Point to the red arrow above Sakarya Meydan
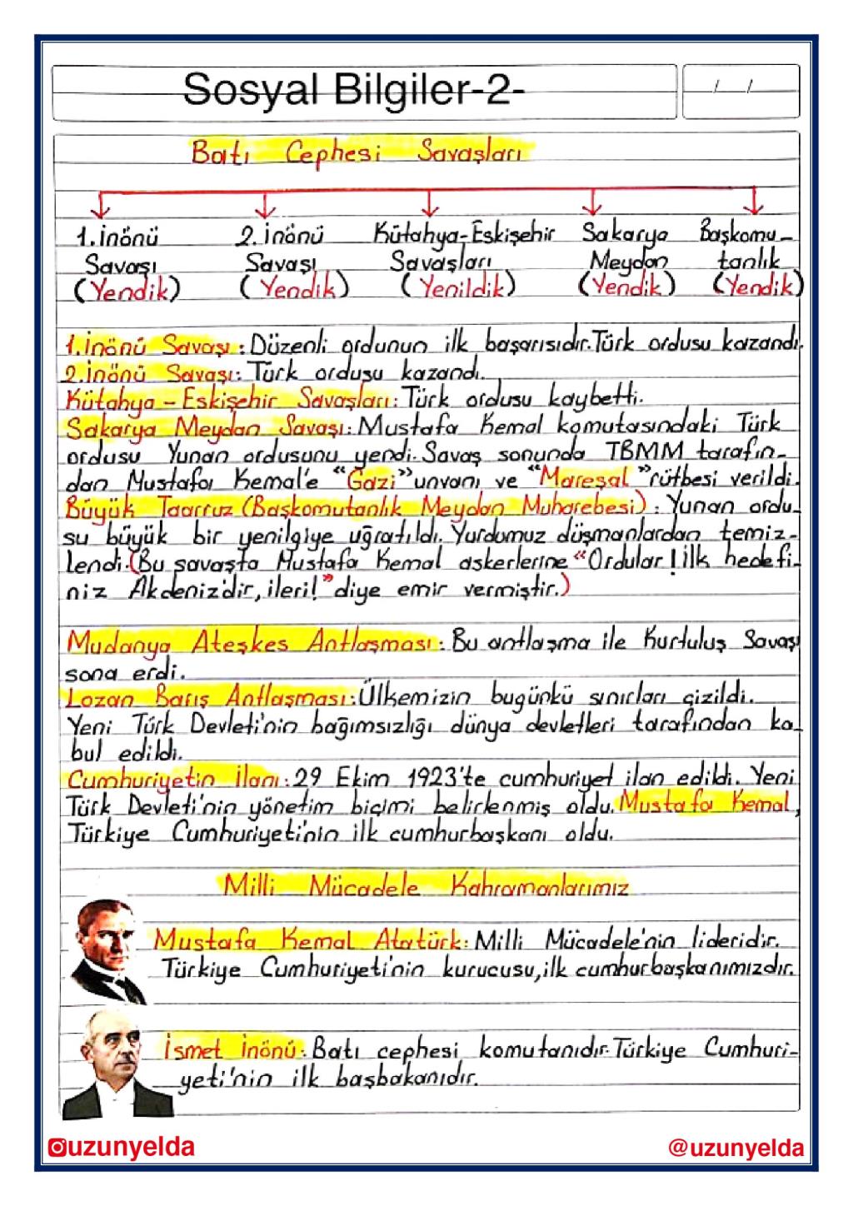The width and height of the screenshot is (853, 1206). pos(592,202)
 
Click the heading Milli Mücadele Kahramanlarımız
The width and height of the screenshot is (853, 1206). pos(425,885)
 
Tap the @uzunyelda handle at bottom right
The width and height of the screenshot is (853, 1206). pos(736,1149)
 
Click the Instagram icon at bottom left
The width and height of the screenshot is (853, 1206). pos(55,1149)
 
